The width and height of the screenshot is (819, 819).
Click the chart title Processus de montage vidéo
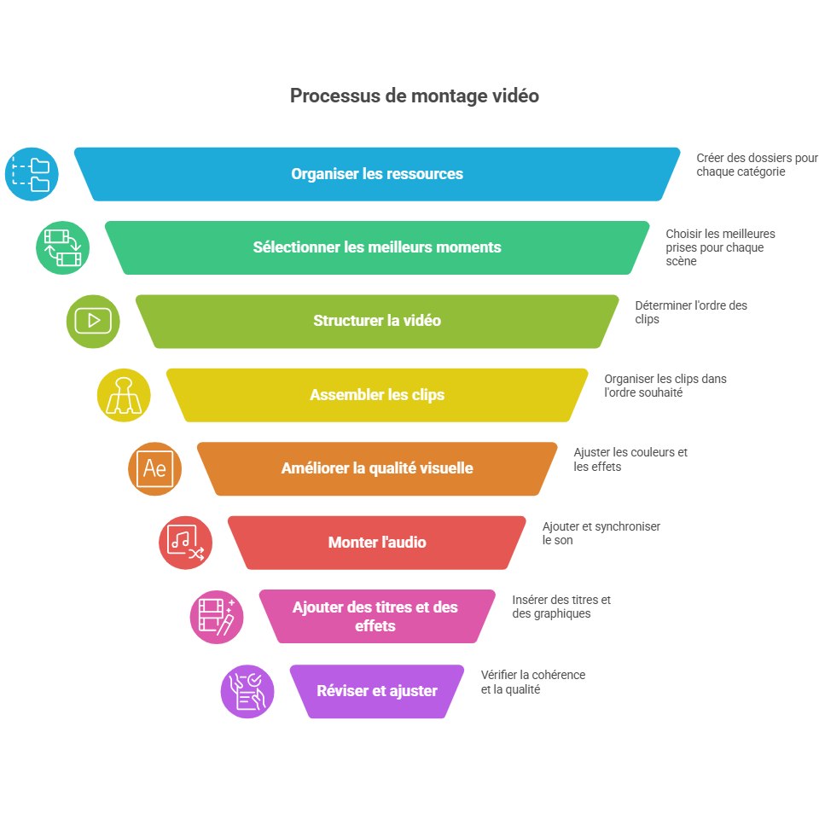tap(415, 96)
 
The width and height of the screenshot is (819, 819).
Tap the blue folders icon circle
tap(32, 174)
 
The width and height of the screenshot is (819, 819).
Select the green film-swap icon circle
tap(62, 247)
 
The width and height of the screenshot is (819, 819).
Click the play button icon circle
tap(93, 322)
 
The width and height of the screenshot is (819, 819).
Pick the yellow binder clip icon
tap(124, 395)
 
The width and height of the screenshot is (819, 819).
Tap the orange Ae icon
tap(154, 469)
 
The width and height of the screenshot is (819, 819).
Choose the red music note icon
tap(185, 543)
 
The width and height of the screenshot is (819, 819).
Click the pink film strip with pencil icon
tap(216, 617)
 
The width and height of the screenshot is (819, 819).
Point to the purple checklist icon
tap(247, 691)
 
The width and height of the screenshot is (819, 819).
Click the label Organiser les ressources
tap(377, 174)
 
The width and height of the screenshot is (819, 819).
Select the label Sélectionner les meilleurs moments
tap(377, 247)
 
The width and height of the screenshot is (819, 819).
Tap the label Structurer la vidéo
tap(377, 321)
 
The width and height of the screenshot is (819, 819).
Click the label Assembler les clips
tap(377, 395)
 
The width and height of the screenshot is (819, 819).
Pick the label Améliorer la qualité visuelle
tap(377, 468)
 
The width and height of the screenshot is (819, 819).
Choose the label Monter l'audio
tap(377, 543)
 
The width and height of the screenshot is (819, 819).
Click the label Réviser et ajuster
tap(377, 691)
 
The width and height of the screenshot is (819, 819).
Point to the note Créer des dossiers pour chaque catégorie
tap(757, 165)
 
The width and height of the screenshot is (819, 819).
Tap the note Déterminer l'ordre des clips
tap(691, 312)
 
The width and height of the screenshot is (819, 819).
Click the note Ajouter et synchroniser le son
tap(601, 533)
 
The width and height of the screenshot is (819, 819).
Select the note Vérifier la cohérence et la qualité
tap(532, 682)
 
